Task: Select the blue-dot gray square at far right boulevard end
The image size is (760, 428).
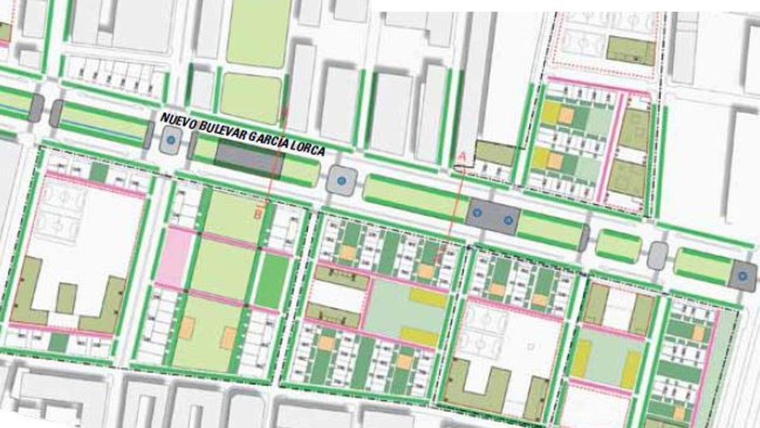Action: [743, 275]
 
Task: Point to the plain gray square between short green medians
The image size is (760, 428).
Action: [658, 254]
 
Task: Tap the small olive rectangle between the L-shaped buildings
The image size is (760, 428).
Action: [66, 298]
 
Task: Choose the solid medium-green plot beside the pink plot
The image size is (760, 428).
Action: [272, 281]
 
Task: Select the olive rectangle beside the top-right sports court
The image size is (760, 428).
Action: [630, 50]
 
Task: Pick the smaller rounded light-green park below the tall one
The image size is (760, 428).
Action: [251, 98]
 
